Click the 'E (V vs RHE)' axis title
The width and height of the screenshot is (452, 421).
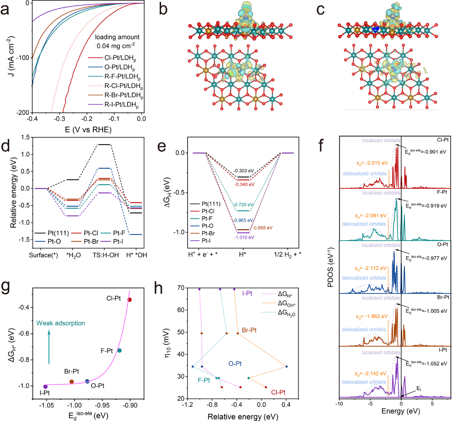pos(88,129)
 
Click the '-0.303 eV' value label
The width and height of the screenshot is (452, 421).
pos(244,171)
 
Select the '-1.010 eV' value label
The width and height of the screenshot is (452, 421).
pos(244,237)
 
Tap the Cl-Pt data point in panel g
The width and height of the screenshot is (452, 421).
pos(129,300)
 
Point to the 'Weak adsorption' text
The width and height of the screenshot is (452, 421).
pos(61,323)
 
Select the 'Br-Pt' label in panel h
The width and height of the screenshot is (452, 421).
pos(249,330)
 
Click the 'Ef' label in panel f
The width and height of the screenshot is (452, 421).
pos(419,389)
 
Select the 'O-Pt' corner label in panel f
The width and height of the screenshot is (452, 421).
pos(442,245)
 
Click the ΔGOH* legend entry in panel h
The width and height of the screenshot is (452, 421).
pos(286,304)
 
